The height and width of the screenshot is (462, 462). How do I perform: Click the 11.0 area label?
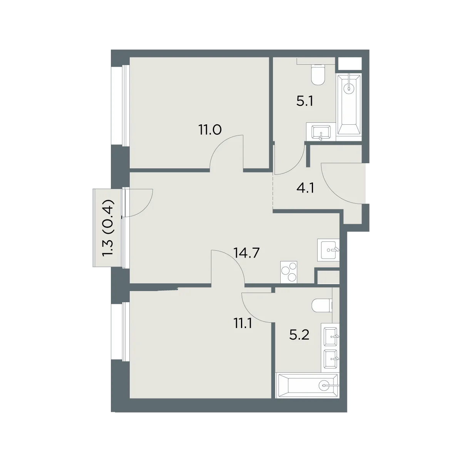point(210,130)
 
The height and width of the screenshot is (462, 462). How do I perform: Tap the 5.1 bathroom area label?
point(305,101)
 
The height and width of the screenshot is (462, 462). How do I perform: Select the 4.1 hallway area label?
point(305,188)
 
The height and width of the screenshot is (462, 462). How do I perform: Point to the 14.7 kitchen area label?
point(247,253)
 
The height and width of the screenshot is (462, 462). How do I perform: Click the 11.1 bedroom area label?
point(243,324)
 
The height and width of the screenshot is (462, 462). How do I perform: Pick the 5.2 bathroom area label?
point(299,335)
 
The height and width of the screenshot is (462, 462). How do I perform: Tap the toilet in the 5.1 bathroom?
point(318,75)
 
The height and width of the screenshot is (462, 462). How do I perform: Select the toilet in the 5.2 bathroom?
point(322,305)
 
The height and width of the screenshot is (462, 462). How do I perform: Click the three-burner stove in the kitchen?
point(289,272)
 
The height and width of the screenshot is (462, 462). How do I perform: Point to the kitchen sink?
point(328,250)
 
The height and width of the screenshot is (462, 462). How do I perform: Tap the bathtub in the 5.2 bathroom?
point(308,385)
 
